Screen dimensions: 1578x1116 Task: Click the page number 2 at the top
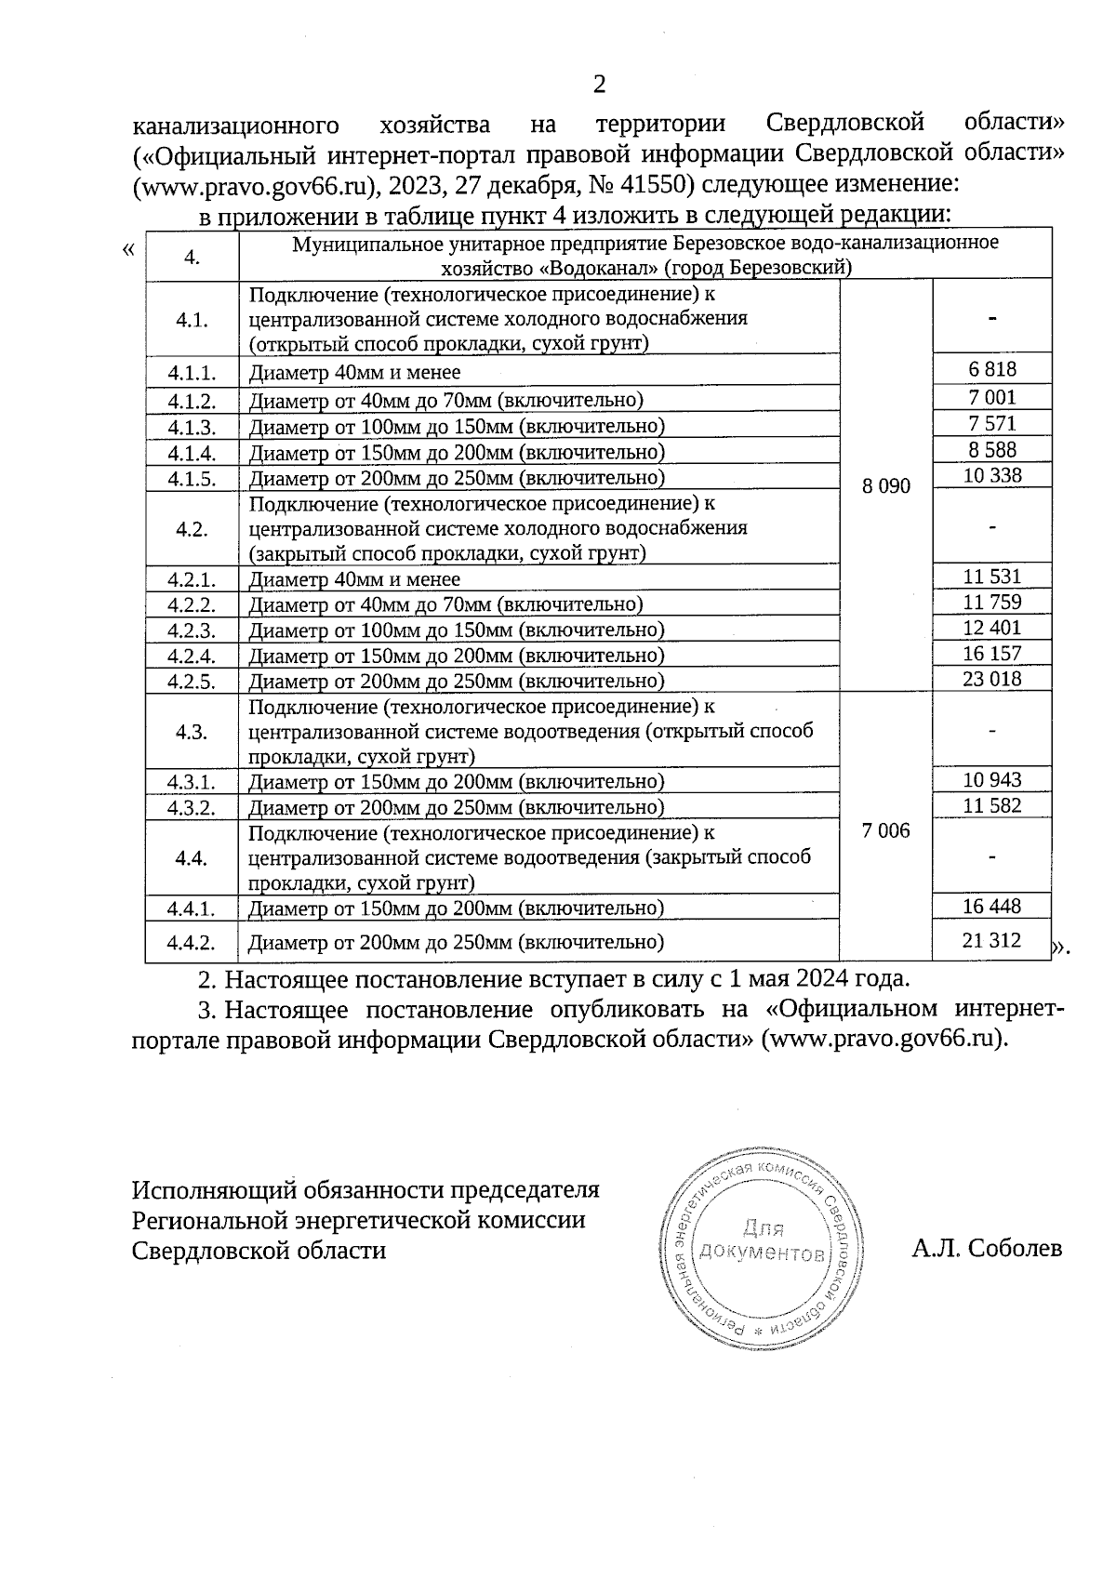click(599, 85)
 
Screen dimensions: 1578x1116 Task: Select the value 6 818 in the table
click(992, 368)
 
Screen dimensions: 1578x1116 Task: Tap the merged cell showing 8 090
click(886, 485)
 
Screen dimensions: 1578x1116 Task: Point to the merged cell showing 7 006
click(886, 830)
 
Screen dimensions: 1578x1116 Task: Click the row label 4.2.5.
click(192, 681)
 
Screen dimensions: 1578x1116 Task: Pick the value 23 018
click(991, 679)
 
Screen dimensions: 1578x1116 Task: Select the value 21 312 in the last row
click(991, 940)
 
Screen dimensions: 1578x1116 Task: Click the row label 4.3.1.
click(192, 781)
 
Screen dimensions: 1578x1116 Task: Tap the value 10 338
click(991, 475)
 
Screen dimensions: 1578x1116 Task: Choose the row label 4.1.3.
click(192, 427)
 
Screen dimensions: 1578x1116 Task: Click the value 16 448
click(991, 906)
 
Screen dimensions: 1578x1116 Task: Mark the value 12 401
click(991, 627)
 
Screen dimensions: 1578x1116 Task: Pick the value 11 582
click(991, 805)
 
